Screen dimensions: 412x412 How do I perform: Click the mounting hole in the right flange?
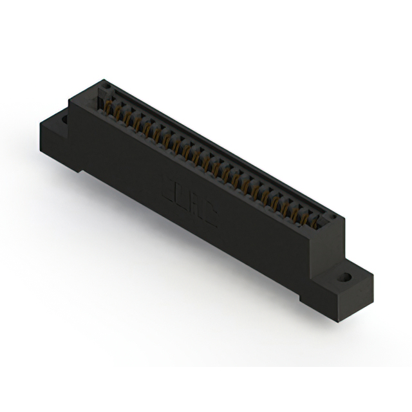click(346, 278)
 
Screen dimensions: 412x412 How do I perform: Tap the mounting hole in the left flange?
click(64, 118)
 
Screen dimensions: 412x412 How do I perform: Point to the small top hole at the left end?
click(107, 86)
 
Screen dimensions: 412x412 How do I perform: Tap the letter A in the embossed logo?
click(198, 208)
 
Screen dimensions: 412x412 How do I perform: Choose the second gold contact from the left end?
click(118, 112)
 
